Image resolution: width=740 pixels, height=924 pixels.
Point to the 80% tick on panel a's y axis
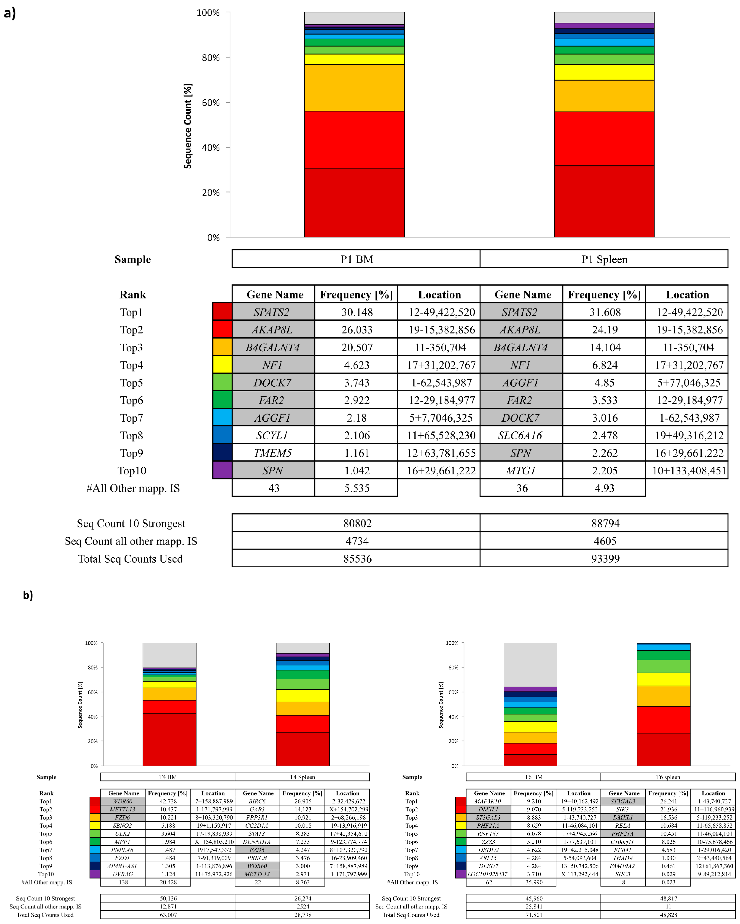click(x=211, y=58)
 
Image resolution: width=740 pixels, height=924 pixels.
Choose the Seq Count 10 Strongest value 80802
click(x=357, y=523)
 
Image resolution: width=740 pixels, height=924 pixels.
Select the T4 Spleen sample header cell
click(x=302, y=777)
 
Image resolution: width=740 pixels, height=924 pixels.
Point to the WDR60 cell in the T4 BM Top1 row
click(x=123, y=801)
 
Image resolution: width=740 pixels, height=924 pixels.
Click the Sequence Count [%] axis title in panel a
click(x=188, y=126)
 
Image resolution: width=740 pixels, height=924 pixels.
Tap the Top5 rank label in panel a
click(x=132, y=383)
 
